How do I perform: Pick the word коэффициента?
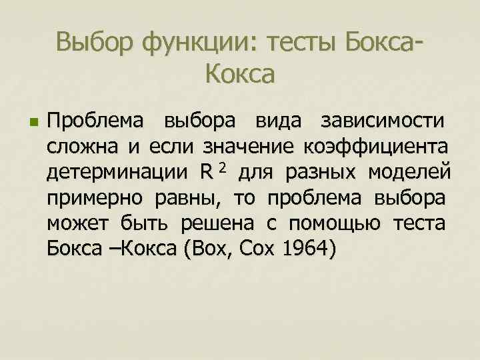(375, 148)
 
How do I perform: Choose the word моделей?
(415, 173)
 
